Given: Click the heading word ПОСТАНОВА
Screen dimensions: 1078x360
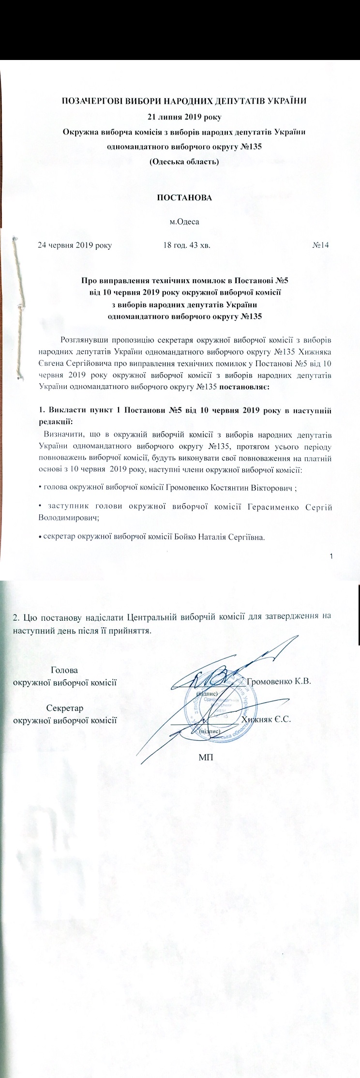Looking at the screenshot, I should (184, 198).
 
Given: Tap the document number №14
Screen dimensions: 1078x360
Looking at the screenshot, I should (321, 245).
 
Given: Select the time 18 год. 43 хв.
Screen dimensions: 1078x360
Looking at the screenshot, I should (187, 245).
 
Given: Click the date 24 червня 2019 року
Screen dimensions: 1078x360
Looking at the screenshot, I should (75, 245).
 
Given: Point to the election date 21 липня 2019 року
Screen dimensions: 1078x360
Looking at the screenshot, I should (184, 116).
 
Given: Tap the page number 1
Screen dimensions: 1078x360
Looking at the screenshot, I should (331, 556).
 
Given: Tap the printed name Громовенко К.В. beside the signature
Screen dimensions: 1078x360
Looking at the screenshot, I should (279, 681).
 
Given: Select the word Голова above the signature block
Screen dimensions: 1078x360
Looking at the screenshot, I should (64, 670).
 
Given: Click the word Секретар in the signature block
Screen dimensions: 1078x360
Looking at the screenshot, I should (65, 708).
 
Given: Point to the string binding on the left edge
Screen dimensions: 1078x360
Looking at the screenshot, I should (18, 310).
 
